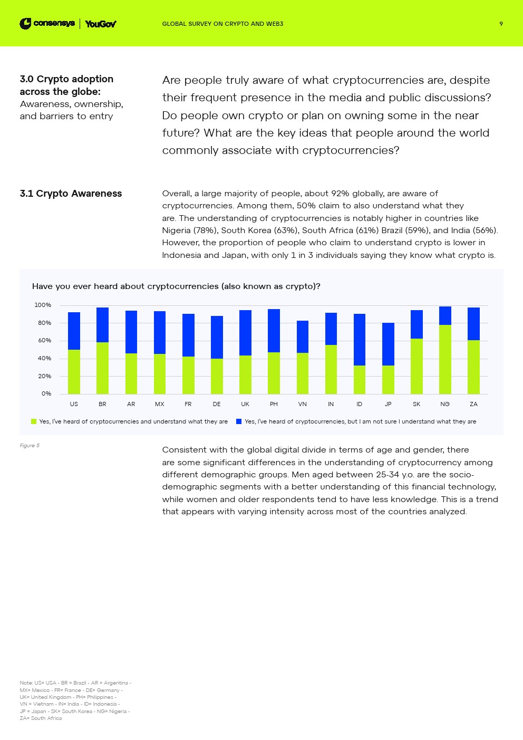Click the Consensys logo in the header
point(47,24)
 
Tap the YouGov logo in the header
point(100,24)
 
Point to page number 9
point(501,24)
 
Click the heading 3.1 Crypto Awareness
point(71,194)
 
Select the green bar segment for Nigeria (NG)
point(445,359)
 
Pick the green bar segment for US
point(74,372)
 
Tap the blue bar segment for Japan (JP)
point(388,344)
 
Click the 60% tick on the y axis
point(44,341)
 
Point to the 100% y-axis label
point(43,305)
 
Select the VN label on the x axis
point(302,404)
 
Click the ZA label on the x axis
point(473,404)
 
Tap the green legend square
point(34,421)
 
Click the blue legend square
point(239,421)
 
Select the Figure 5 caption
point(30,446)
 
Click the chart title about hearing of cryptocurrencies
point(176,286)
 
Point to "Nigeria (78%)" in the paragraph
point(189,230)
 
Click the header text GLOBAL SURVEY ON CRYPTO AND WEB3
point(222,24)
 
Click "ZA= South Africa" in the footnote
point(41,718)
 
